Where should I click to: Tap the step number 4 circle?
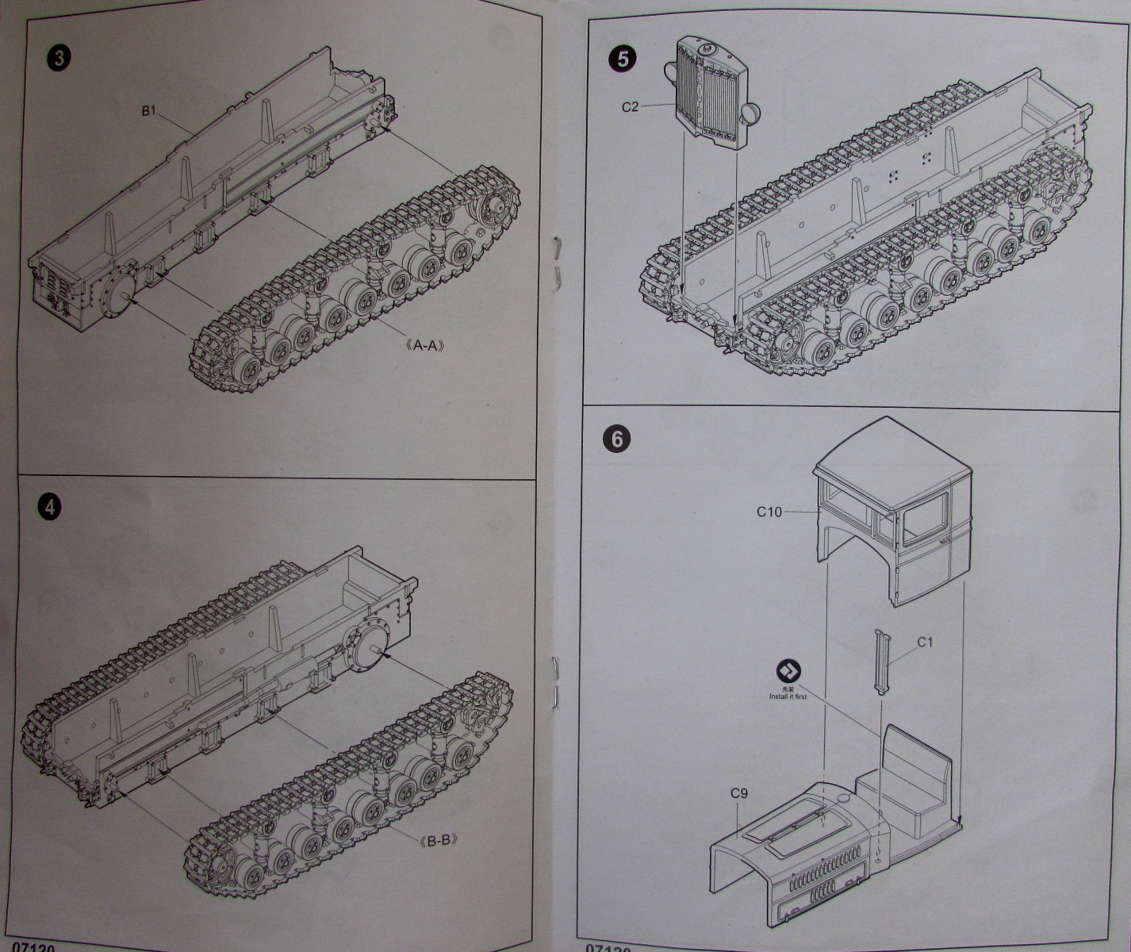coord(51,508)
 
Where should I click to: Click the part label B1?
coord(149,111)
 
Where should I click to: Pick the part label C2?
coord(630,106)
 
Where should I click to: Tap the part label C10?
coord(769,512)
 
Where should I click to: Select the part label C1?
coord(925,643)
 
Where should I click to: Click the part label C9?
coord(739,793)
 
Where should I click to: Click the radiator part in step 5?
coord(710,95)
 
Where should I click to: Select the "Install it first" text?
coord(787,697)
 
